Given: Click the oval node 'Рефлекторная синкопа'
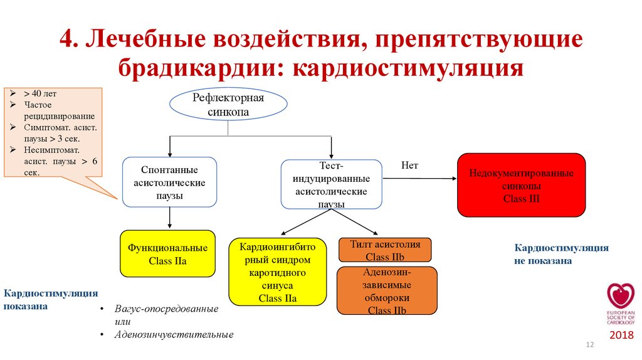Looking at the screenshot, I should click(x=228, y=105).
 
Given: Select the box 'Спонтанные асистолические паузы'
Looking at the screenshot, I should click(x=169, y=183).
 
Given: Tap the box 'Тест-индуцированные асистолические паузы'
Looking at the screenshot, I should click(x=331, y=184).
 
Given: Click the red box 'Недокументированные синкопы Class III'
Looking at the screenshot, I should click(x=521, y=185).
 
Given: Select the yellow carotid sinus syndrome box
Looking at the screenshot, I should click(x=277, y=271).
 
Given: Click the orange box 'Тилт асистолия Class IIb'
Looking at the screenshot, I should click(x=385, y=250).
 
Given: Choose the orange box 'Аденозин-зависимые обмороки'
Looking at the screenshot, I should click(x=386, y=291).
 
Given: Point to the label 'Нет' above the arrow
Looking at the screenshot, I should click(x=409, y=166).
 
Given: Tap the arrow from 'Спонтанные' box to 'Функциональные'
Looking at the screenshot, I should click(x=170, y=218).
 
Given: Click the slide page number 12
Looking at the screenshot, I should click(x=589, y=346).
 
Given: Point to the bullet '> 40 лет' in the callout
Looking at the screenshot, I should click(x=40, y=93).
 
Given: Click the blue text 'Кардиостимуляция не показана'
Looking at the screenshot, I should click(x=561, y=254).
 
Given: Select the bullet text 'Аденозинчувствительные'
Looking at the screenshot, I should click(x=174, y=334).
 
